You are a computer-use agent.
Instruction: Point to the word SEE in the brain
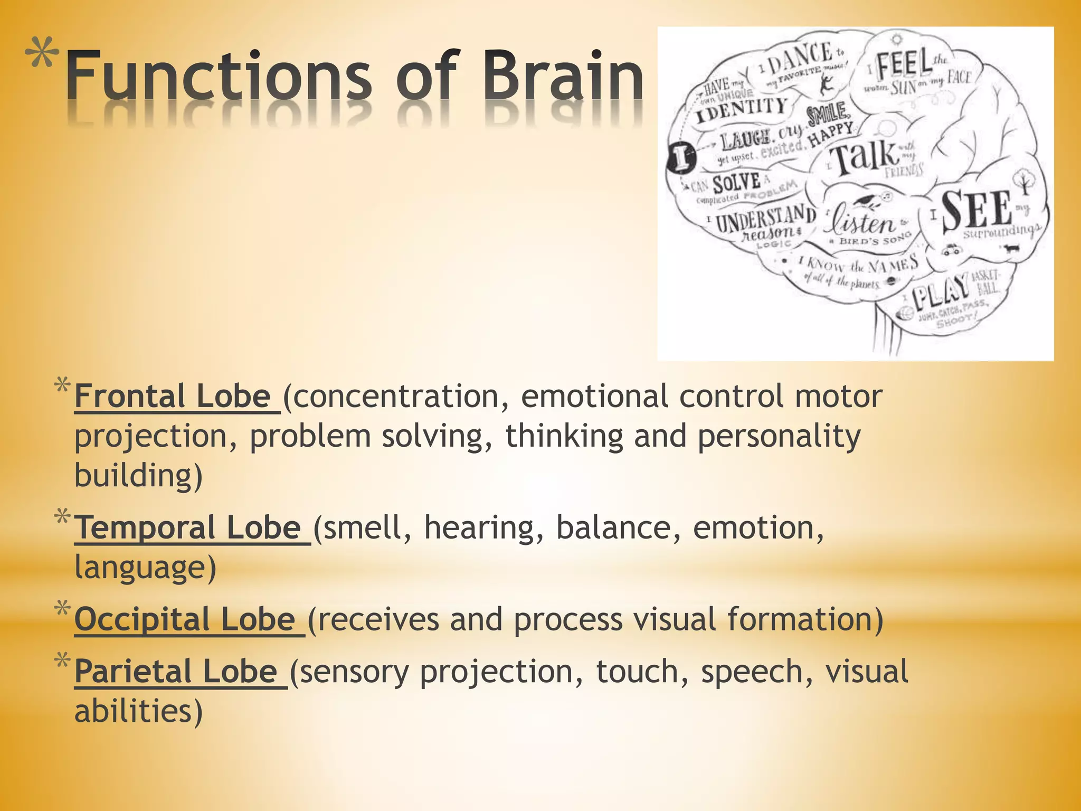[x=976, y=210]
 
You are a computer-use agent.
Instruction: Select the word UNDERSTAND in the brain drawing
[x=765, y=219]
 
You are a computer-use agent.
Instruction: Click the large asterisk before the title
[x=41, y=55]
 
